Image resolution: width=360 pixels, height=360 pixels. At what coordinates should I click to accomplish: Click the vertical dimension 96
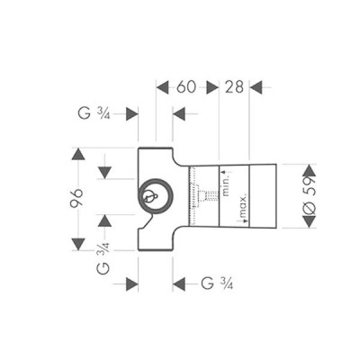click(x=77, y=200)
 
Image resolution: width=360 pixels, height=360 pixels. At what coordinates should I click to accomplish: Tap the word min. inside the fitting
click(x=229, y=184)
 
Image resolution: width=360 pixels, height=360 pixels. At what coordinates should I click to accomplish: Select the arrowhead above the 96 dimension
click(x=77, y=157)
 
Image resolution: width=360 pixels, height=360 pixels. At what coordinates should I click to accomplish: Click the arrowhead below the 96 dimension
click(x=77, y=243)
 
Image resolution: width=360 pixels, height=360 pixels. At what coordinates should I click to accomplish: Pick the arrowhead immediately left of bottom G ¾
click(x=178, y=283)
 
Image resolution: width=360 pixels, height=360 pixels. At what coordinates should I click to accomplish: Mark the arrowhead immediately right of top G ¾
click(x=131, y=113)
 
